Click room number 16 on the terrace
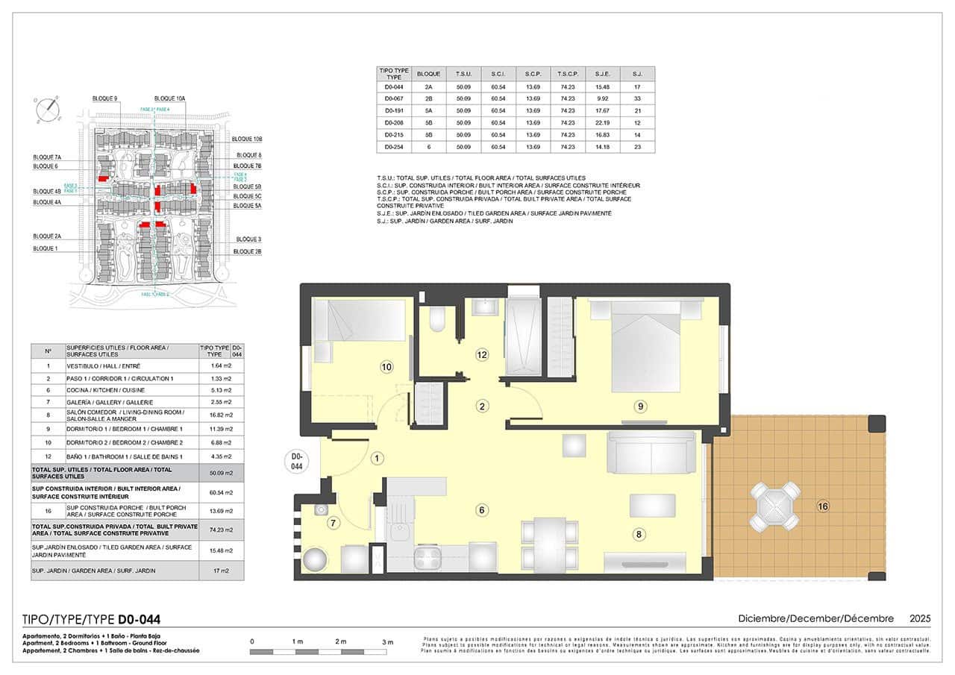pos(823,506)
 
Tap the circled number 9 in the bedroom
pos(640,406)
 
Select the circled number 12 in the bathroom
pos(482,355)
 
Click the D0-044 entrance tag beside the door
pos(296,461)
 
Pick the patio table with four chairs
pos(775,506)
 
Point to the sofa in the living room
pos(651,452)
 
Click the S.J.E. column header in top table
pos(603,74)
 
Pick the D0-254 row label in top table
pos(393,148)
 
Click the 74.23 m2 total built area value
pos(216,531)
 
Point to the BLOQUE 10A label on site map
pos(169,98)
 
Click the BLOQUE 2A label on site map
pos(46,236)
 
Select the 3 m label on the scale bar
pos(387,641)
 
